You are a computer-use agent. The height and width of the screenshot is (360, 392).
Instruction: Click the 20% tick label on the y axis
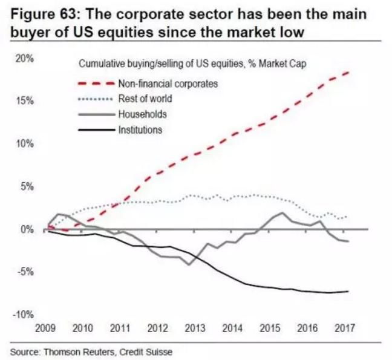[x=26, y=60]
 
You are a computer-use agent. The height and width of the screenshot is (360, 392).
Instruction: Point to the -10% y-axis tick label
[x=25, y=314]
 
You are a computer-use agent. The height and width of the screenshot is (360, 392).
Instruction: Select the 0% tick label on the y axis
[x=28, y=229]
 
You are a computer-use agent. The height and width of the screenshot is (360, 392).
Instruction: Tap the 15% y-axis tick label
[x=26, y=101]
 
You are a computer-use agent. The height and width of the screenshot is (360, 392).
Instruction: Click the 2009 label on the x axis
[x=47, y=328]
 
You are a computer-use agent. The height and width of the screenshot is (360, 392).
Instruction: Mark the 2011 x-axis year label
[x=122, y=328]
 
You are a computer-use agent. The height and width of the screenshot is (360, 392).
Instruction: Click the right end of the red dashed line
[x=348, y=73]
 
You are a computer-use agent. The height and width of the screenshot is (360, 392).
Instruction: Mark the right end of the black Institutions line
[x=348, y=291]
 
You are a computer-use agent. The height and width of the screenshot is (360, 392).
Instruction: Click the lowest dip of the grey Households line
[x=189, y=264]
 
